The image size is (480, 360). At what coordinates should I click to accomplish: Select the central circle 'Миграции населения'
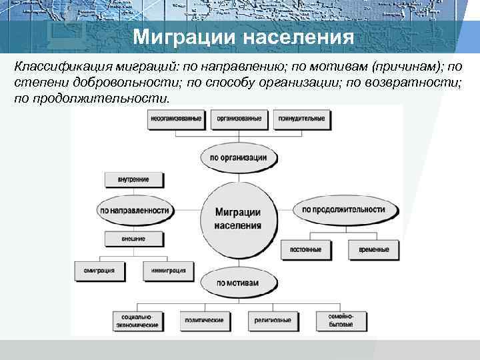click(x=238, y=218)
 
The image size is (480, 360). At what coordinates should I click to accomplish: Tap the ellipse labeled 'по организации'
click(x=238, y=158)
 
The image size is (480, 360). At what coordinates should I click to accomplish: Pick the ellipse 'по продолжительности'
click(x=343, y=209)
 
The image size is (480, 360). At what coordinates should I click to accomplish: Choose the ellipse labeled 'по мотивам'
click(x=238, y=283)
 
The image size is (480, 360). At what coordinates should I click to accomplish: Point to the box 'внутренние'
click(x=134, y=179)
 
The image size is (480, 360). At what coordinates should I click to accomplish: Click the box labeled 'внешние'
click(x=134, y=238)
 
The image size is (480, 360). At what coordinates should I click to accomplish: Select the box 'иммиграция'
click(x=167, y=270)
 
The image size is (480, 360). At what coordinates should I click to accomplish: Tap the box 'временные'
click(x=373, y=249)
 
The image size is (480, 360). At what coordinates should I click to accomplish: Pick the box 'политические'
click(x=205, y=320)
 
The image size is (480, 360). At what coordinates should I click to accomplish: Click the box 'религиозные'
click(x=272, y=320)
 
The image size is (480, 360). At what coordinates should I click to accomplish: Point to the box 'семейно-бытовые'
click(x=340, y=320)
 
